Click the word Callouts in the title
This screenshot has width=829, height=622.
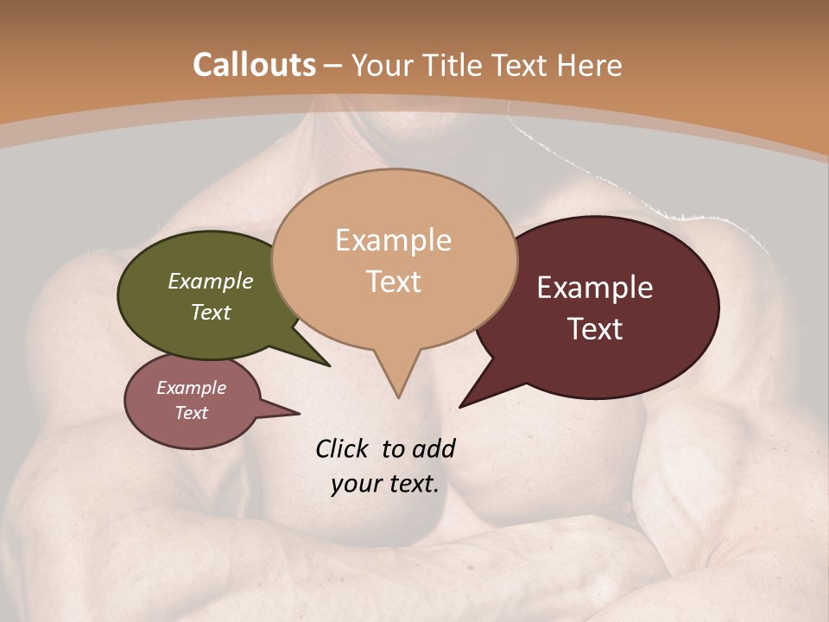point(254,65)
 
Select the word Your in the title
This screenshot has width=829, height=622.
point(384,65)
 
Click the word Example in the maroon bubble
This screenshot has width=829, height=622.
point(595,288)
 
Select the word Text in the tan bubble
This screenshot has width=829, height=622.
point(394,282)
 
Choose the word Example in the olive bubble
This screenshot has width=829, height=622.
point(211,282)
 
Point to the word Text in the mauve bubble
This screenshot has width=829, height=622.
point(192,413)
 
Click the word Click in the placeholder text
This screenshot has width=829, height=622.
point(344,449)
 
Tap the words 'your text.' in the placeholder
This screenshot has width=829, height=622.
point(385,484)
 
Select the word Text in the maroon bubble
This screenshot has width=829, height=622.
point(595,329)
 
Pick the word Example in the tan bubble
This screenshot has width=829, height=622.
point(394,240)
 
